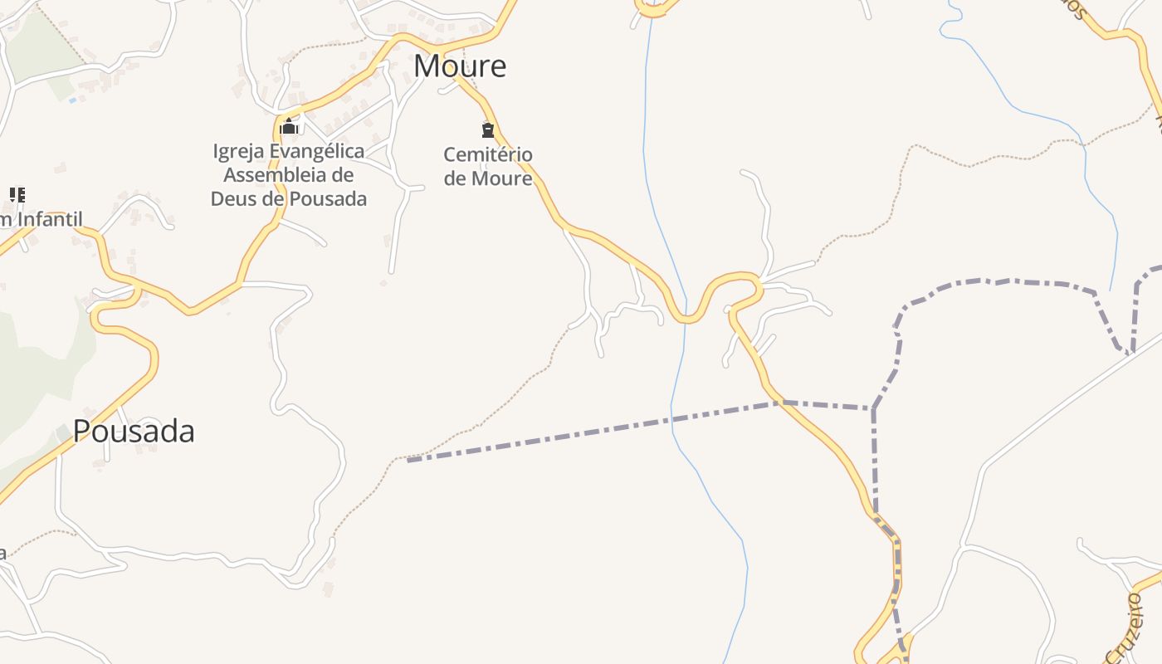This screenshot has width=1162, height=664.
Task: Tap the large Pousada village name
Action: pos(134,431)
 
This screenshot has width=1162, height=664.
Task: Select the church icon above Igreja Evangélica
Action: pos(289,127)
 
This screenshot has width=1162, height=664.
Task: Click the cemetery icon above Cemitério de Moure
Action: pos(488,129)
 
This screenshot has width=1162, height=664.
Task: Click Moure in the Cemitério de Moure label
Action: pos(502,178)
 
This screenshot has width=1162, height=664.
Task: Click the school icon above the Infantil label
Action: pos(17,195)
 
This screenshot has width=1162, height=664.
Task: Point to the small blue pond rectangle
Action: pos(73,100)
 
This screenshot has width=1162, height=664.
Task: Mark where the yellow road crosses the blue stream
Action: pos(686,318)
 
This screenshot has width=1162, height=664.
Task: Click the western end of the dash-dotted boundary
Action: pos(409,460)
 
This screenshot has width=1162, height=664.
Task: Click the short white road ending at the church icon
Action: pos(299,124)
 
